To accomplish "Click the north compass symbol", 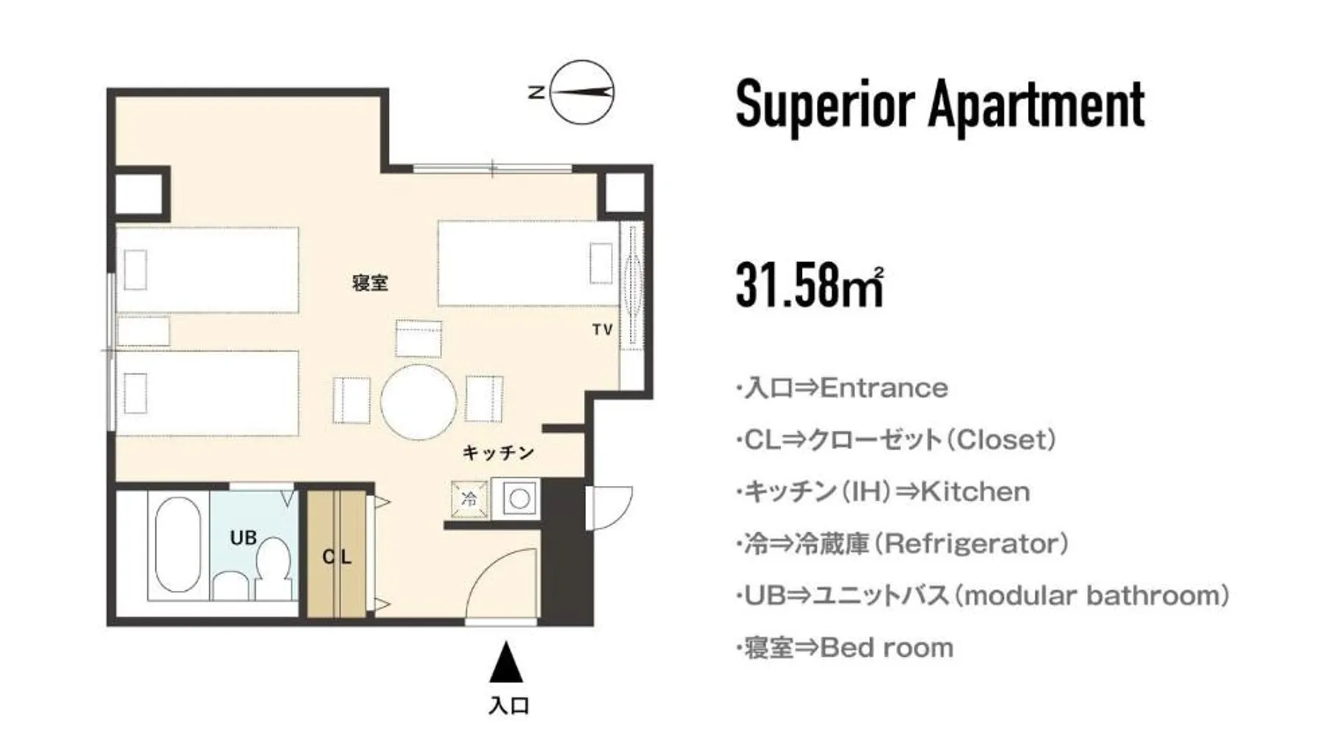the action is click(x=582, y=92).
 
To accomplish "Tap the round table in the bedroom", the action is click(x=419, y=402).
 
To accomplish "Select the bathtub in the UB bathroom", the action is click(x=178, y=544).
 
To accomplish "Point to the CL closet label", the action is click(x=337, y=557).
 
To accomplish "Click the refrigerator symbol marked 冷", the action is click(x=469, y=499).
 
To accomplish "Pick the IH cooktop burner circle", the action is click(x=520, y=499).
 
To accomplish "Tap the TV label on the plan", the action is click(x=603, y=330).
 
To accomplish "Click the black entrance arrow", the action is click(x=506, y=662).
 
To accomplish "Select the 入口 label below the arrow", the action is click(x=509, y=706).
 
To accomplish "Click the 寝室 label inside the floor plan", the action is click(x=370, y=282).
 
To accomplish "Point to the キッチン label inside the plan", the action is click(x=498, y=453).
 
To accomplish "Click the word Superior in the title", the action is click(x=826, y=105).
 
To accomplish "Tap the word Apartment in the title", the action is click(x=1036, y=105).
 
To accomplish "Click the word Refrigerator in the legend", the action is click(x=973, y=544).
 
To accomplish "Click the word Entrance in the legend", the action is click(x=884, y=388).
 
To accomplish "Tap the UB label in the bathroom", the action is click(x=243, y=537).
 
